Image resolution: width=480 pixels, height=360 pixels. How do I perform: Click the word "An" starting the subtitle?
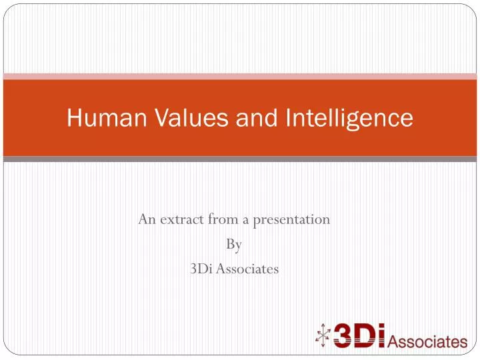point(146,219)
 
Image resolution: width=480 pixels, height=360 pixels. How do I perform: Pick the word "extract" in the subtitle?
point(178,219)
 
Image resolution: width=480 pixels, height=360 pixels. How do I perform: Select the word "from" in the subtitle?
point(222,219)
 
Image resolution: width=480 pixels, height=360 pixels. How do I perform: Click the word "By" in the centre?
point(234,245)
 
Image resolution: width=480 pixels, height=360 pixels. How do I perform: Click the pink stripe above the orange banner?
point(240,77)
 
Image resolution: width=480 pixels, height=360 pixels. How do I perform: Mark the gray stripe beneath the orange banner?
point(240,159)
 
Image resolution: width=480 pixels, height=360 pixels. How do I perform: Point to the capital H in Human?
point(73,118)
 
